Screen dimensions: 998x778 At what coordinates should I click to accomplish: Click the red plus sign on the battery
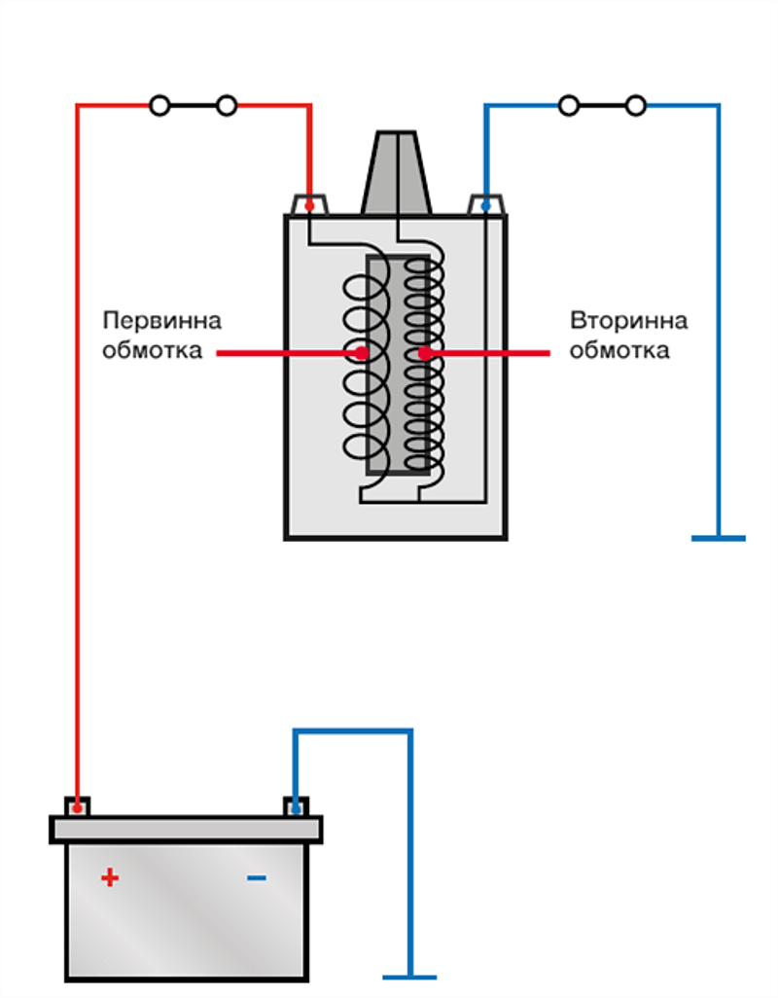[x=110, y=877]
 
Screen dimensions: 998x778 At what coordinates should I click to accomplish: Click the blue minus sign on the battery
[x=256, y=878]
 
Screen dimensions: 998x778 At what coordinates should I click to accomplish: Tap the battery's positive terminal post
[x=77, y=806]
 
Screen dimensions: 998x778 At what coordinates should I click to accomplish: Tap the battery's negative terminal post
[x=295, y=806]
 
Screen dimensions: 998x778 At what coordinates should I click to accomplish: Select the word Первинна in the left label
[x=161, y=321]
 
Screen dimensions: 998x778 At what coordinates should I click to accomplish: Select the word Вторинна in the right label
[x=628, y=321]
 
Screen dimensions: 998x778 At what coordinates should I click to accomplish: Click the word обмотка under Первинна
[x=152, y=350]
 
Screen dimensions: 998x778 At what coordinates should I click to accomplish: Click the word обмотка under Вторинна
[x=619, y=350]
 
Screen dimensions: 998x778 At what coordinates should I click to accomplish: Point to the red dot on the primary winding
[x=362, y=353]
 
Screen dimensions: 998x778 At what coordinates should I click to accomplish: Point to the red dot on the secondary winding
[x=425, y=353]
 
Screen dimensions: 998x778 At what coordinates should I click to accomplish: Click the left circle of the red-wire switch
[x=159, y=105]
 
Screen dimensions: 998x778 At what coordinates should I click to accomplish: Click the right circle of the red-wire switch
[x=227, y=105]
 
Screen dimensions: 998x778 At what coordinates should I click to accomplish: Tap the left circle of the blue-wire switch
[x=569, y=105]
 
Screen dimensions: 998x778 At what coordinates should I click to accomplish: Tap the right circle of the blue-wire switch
[x=636, y=105]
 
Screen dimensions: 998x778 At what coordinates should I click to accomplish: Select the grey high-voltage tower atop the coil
[x=397, y=175]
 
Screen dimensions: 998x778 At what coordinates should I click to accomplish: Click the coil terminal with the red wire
[x=309, y=205]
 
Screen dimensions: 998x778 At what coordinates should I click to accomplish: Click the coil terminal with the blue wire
[x=485, y=205]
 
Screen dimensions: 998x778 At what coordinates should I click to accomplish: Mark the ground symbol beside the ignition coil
[x=719, y=537]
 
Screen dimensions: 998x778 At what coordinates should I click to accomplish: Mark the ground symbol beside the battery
[x=410, y=976]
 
